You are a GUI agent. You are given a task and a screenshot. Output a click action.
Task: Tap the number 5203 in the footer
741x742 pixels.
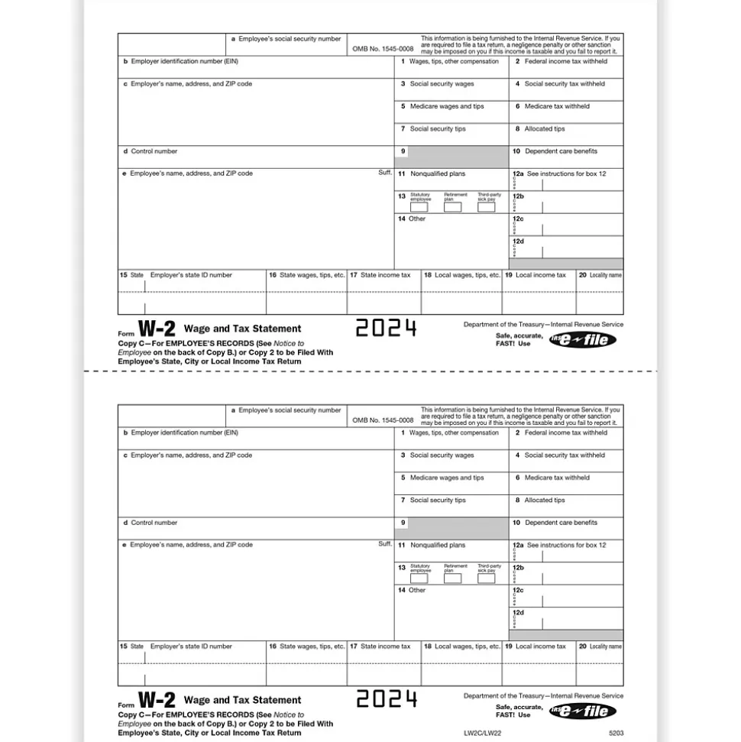click(x=616, y=734)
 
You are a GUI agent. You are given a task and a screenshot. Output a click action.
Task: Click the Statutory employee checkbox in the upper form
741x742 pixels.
click(x=419, y=207)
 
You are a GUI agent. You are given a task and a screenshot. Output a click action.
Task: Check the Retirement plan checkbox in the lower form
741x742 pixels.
click(x=453, y=578)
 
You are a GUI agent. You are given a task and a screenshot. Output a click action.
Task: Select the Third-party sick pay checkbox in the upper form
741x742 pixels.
click(x=487, y=207)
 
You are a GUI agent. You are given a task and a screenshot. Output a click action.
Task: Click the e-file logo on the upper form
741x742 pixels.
click(x=582, y=339)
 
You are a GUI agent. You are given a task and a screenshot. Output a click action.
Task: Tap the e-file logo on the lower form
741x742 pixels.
click(x=582, y=711)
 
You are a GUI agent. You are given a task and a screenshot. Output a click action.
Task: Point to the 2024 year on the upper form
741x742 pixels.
click(x=387, y=329)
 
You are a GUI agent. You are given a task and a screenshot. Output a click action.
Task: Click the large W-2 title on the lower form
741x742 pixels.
click(x=157, y=700)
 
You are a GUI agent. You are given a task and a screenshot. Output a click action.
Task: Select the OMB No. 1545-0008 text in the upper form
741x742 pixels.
click(x=383, y=49)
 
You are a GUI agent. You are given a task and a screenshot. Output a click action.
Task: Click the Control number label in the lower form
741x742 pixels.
click(x=154, y=523)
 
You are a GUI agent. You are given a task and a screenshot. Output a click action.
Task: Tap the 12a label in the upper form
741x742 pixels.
click(x=518, y=174)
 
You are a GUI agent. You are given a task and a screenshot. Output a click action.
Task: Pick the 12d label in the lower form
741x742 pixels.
click(x=518, y=613)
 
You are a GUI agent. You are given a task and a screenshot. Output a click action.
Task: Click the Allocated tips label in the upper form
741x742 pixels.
click(x=544, y=129)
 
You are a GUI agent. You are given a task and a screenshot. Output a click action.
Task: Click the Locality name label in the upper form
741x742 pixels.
click(x=605, y=275)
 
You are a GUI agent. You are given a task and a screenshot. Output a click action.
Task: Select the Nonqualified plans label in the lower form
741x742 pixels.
click(x=437, y=546)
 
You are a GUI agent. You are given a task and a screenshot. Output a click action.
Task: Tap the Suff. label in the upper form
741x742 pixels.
click(x=385, y=173)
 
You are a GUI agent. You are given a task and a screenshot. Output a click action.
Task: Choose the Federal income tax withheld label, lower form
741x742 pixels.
click(x=565, y=433)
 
